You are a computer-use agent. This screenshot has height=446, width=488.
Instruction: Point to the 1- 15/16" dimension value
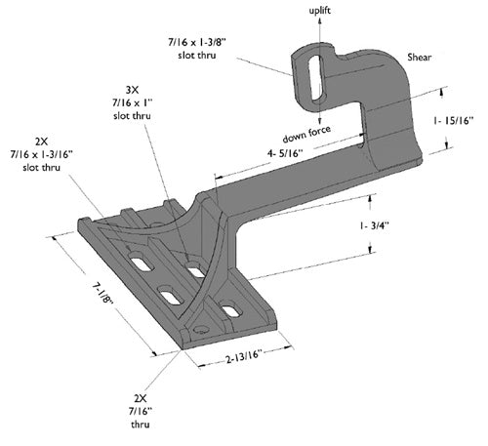[x=454, y=121]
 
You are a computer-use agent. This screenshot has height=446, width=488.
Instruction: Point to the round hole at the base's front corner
[x=198, y=331]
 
